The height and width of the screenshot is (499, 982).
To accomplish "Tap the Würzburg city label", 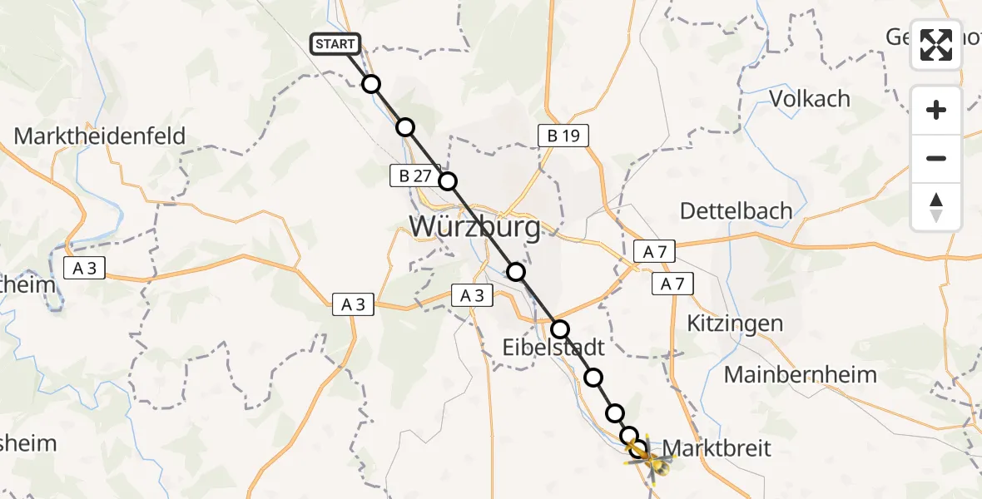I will pos(474,225).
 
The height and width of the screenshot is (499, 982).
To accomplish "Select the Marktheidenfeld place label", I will pos(100,136).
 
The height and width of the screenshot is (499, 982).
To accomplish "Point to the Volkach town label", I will pos(810,99).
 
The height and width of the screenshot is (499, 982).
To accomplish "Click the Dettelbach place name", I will pos(736,211).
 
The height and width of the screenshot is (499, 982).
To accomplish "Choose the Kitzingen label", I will pos(736,324).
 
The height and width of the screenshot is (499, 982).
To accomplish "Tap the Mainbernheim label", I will pos(800,375).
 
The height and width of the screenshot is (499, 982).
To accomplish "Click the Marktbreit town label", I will pos(718,448).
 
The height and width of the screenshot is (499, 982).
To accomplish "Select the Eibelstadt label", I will pos(553,346).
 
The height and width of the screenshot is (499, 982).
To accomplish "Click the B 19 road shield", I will pos(563,135).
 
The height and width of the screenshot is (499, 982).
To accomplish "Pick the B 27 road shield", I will pos(414,175).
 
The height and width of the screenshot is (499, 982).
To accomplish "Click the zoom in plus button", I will pos(936,110).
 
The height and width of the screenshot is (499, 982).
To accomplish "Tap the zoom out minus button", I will pos(936,158).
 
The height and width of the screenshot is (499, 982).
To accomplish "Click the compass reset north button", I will pos(936,207).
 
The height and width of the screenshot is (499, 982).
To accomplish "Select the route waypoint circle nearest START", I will pos(371,84).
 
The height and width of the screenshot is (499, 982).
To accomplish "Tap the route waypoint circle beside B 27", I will pos(448,181).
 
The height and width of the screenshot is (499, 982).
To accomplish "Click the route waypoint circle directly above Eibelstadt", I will pos(560,329).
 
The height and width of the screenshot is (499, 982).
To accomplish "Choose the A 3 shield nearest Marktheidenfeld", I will pos(86,267).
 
